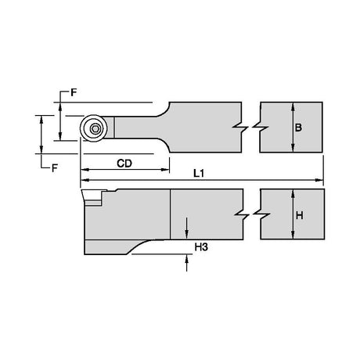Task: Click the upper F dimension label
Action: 74,92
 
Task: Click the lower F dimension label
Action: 54,168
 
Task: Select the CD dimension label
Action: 124,164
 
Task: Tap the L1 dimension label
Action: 199,173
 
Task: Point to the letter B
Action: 298,128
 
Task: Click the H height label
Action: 300,215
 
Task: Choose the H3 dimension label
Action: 201,247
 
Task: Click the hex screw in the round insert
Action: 94,128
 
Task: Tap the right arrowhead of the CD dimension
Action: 165,170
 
